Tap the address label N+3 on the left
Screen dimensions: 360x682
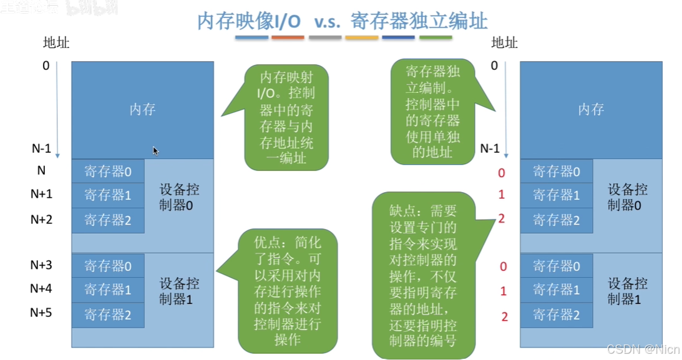pyautogui.click(x=42, y=265)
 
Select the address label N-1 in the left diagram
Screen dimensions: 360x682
pyautogui.click(x=42, y=148)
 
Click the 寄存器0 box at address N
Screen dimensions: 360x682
pyautogui.click(x=108, y=171)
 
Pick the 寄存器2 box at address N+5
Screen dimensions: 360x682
pyautogui.click(x=108, y=315)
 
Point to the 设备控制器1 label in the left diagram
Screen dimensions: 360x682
pyautogui.click(x=179, y=291)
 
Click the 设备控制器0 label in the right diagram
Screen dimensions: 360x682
pyautogui.click(x=628, y=197)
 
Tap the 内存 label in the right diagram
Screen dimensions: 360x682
pyautogui.click(x=590, y=110)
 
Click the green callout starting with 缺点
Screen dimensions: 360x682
pyautogui.click(x=424, y=276)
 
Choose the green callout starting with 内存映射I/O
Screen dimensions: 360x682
pyautogui.click(x=286, y=117)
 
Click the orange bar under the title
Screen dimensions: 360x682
pyautogui.click(x=288, y=38)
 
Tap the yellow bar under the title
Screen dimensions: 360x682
pyautogui.click(x=362, y=38)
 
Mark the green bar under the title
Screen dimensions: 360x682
pyautogui.click(x=436, y=38)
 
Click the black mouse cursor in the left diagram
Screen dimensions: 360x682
pyautogui.click(x=155, y=150)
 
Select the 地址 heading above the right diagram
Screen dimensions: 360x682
pyautogui.click(x=505, y=43)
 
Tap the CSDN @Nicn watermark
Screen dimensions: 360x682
pyautogui.click(x=643, y=348)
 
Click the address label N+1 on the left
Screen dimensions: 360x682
pyautogui.click(x=42, y=194)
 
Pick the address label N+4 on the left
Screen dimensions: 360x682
pyautogui.click(x=42, y=289)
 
